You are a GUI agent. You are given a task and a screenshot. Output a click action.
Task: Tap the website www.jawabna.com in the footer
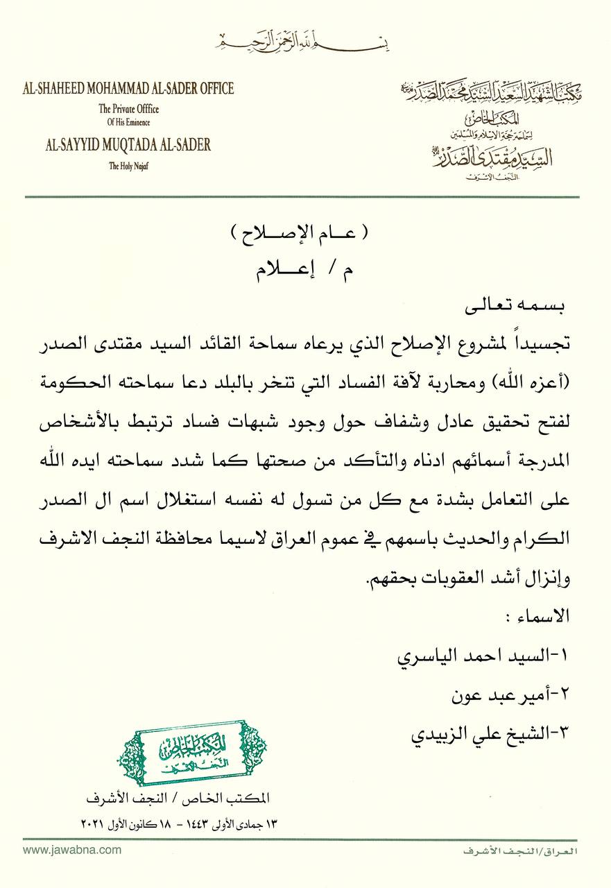click(x=72, y=850)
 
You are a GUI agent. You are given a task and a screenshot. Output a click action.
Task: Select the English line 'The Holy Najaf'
click(x=128, y=165)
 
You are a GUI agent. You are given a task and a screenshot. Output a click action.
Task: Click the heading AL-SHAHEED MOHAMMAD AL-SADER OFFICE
click(x=128, y=88)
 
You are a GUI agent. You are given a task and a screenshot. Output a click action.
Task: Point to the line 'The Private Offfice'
click(x=128, y=108)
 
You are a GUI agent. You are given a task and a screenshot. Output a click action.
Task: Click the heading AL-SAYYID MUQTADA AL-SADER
click(x=128, y=146)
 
